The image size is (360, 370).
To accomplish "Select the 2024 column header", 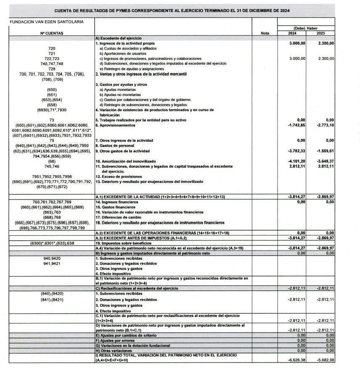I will (x=292, y=33).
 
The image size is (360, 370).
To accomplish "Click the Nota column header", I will (x=265, y=33).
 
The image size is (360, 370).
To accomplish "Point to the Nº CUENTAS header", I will (x=52, y=33).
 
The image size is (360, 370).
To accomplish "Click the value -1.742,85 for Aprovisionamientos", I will (x=296, y=125).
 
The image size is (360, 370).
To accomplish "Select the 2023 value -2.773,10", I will (x=325, y=125).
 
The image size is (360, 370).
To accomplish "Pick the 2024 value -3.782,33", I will (x=296, y=151).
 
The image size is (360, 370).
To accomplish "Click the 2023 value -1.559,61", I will (x=325, y=151).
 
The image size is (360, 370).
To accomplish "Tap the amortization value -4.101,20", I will (x=296, y=161).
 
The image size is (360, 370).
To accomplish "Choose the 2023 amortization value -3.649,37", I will (x=325, y=161).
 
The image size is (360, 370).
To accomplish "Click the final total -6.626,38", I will (x=296, y=360).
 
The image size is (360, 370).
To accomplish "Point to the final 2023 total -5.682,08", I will (x=325, y=360).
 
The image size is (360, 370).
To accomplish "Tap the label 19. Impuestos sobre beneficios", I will (x=123, y=243).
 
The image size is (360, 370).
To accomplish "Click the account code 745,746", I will (x=52, y=166).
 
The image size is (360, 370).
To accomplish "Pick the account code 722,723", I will (x=52, y=59).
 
